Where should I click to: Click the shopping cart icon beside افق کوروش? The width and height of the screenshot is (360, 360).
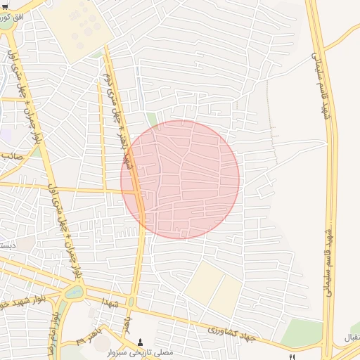coord(5,6)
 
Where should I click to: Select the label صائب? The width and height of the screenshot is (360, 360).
coord(11,156)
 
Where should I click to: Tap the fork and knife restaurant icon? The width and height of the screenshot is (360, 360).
coord(292,358)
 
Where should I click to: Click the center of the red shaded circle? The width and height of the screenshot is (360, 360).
coord(180,179)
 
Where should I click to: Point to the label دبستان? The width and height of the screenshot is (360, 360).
coord(8,245)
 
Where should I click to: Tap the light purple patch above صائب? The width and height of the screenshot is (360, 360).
coord(4,134)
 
